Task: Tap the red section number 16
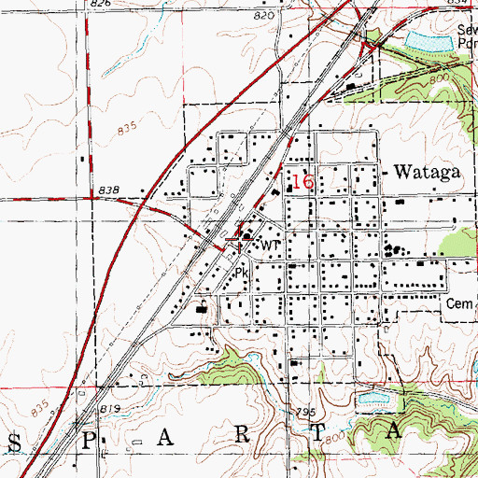302,181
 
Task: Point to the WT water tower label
271,245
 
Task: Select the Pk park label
242,274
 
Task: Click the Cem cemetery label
459,303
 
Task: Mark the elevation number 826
100,5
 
